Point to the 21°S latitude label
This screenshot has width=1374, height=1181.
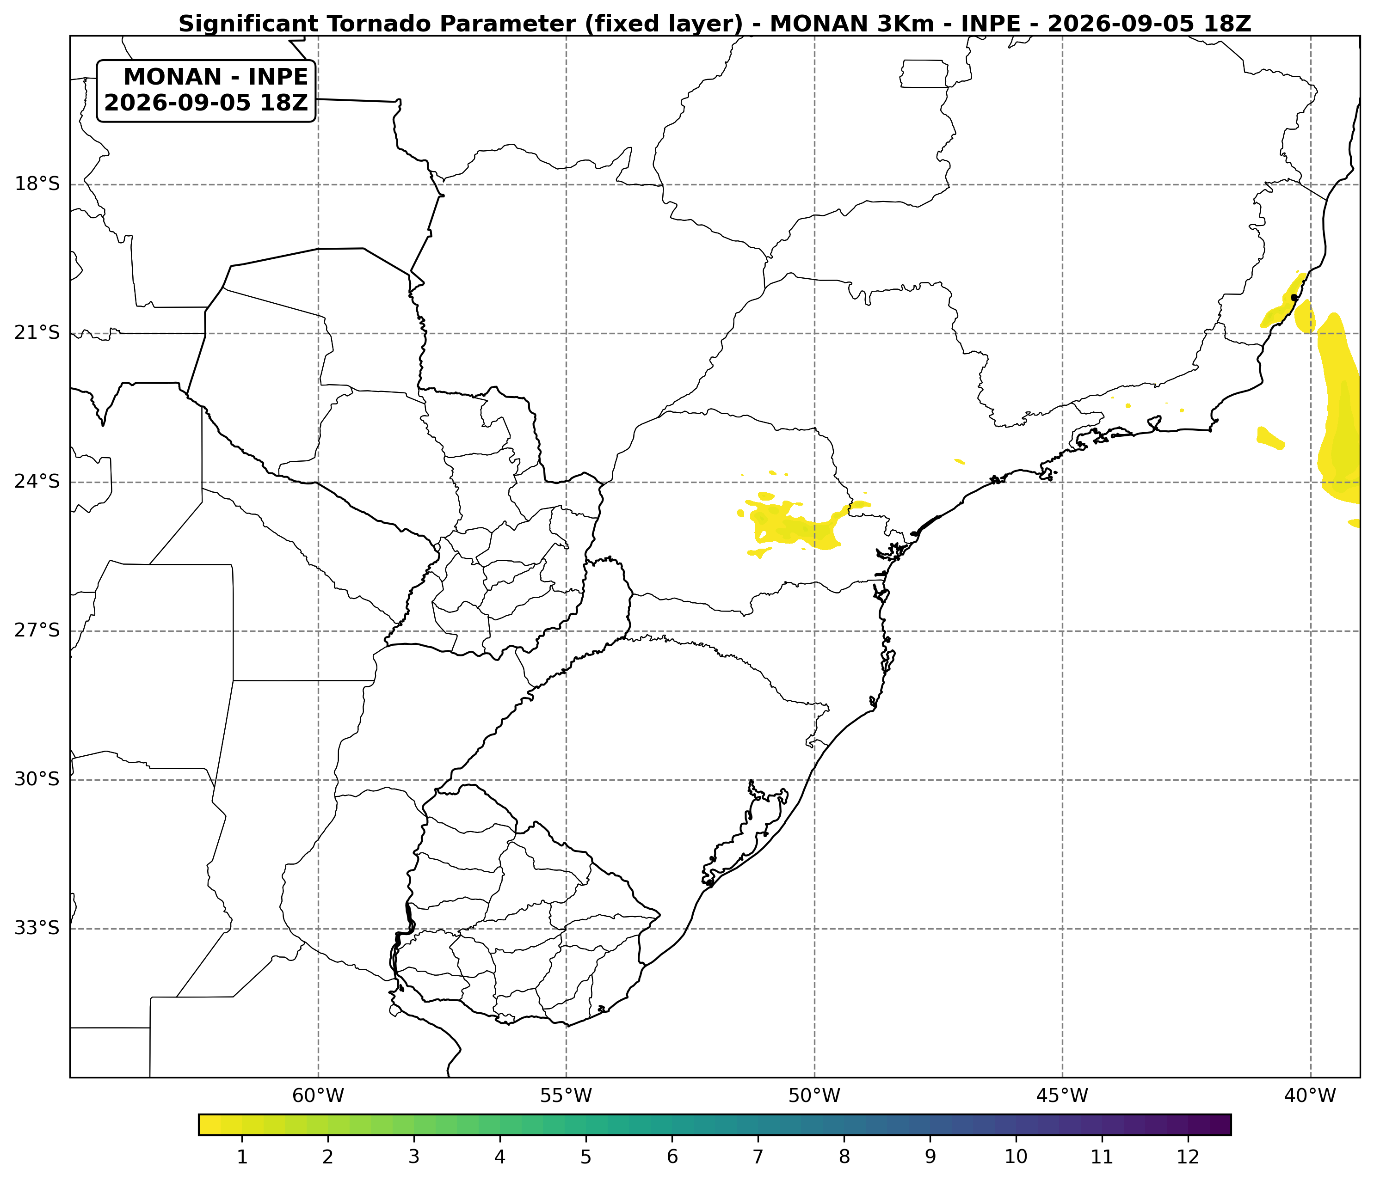coord(37,333)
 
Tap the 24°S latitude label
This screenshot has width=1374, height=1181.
coord(37,481)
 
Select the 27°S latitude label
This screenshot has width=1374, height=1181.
coord(37,630)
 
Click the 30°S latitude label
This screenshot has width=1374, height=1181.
coord(37,779)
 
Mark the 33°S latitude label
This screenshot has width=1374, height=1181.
coord(37,928)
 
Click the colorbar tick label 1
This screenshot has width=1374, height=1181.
coord(242,1157)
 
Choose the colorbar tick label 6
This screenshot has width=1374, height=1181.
coord(672,1157)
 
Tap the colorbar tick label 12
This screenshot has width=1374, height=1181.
coord(1189,1157)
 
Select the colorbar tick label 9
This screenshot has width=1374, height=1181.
coord(930,1157)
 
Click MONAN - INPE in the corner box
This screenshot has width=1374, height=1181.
coord(216,77)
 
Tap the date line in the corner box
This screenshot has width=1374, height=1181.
coord(206,103)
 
